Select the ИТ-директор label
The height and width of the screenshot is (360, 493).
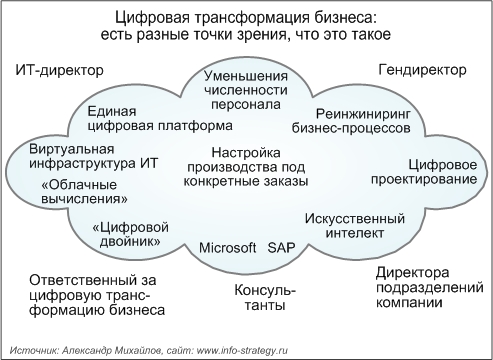60,72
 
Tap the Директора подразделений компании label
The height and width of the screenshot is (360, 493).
419,287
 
